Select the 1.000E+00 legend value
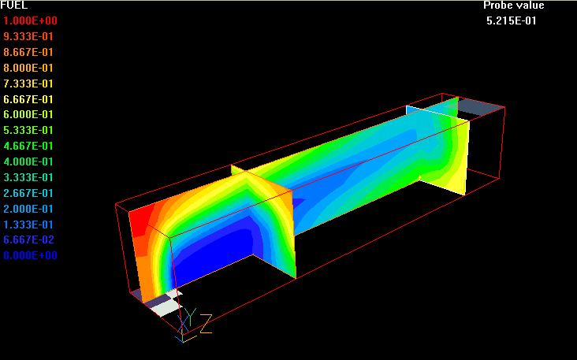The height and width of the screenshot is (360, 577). [31, 21]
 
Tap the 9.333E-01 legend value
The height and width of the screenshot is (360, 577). [28, 37]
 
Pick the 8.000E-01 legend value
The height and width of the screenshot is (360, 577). [28, 68]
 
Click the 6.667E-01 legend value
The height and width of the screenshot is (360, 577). [28, 100]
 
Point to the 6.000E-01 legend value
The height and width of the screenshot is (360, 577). [28, 115]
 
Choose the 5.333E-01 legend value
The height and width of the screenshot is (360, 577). [28, 131]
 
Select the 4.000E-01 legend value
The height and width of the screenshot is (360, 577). [28, 161]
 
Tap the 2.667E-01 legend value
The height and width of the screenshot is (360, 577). [28, 194]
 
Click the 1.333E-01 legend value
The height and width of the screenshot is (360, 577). [28, 225]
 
